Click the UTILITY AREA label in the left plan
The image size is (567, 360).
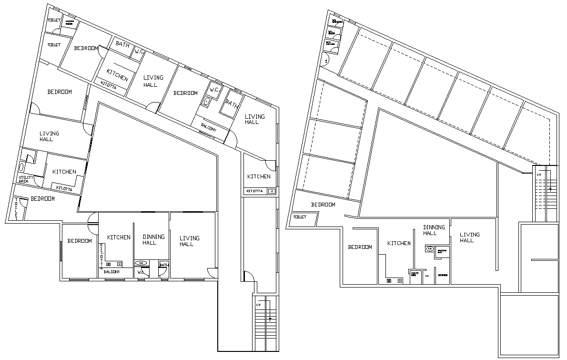(25, 180)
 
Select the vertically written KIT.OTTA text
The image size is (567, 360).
(101, 257)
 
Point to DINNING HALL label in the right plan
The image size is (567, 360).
(434, 230)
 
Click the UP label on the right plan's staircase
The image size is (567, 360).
(539, 175)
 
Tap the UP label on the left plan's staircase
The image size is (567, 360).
(258, 305)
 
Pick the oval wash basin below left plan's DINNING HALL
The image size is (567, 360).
(142, 263)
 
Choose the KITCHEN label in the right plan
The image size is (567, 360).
(399, 243)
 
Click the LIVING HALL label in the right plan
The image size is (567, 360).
(469, 237)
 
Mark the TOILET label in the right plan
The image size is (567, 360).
(300, 217)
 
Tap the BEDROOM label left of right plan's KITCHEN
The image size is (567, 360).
(360, 247)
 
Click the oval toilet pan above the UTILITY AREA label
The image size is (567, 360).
(21, 167)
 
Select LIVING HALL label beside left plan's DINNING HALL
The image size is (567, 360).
(189, 241)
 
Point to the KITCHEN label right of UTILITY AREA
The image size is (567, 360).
(64, 172)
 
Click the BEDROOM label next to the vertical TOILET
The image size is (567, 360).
(43, 199)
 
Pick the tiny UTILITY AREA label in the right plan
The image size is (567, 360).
(413, 274)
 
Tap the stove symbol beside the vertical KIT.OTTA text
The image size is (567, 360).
(109, 264)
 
